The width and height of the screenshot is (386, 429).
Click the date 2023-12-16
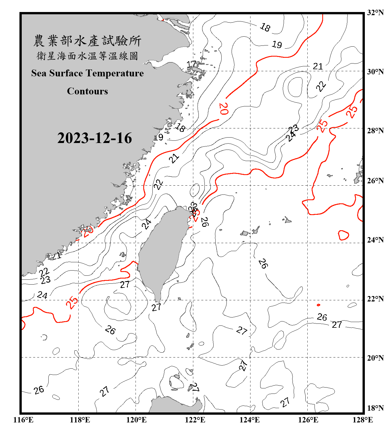click(x=94, y=138)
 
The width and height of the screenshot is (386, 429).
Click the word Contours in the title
click(x=87, y=91)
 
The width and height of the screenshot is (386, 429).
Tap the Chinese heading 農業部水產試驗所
click(x=87, y=41)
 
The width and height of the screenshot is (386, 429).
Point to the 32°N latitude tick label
click(x=375, y=13)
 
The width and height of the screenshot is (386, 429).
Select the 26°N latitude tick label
click(x=375, y=181)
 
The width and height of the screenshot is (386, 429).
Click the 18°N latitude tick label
click(x=375, y=408)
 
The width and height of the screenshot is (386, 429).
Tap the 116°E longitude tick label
click(x=23, y=420)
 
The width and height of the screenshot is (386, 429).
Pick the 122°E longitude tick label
click(x=195, y=420)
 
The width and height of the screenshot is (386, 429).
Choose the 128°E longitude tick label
click(x=363, y=420)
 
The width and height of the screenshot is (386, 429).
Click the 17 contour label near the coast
click(x=191, y=64)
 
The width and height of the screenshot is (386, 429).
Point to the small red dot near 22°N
click(x=319, y=305)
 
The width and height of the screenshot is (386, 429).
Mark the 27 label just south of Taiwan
click(x=156, y=307)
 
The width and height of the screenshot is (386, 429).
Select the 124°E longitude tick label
click(x=250, y=420)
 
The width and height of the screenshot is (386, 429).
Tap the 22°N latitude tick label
click(x=375, y=299)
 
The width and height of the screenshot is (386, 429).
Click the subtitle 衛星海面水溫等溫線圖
click(x=87, y=56)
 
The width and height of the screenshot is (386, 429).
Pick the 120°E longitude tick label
click(x=136, y=420)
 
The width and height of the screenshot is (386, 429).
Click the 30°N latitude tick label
click(x=375, y=71)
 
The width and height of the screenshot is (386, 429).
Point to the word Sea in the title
click(x=39, y=73)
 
